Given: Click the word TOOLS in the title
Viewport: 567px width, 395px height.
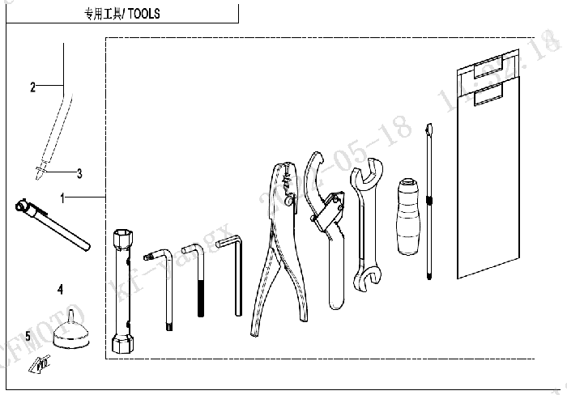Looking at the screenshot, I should [x=144, y=14].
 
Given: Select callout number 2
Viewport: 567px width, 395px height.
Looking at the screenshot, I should [x=32, y=87].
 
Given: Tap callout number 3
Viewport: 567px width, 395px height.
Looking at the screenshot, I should [x=79, y=172].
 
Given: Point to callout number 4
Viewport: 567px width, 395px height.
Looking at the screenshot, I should [x=60, y=287].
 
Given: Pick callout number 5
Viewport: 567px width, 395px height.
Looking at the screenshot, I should [x=28, y=334].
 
